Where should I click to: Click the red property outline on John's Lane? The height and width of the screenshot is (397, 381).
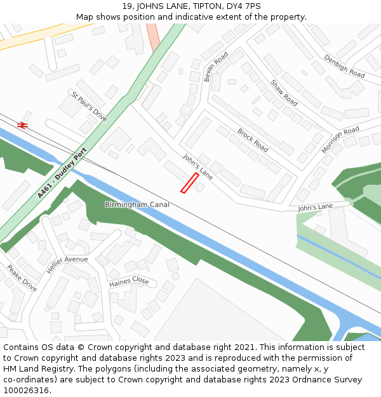point(189,183)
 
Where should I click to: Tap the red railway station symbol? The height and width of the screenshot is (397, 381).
point(23,125)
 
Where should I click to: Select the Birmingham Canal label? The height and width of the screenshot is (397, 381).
point(137,205)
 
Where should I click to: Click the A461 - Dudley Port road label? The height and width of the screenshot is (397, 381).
point(61,173)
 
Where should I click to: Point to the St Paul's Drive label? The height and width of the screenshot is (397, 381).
point(89,107)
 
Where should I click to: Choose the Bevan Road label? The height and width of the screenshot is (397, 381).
point(216,67)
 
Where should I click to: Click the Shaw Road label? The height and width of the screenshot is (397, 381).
point(284,93)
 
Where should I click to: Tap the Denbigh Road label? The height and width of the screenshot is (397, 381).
point(344,66)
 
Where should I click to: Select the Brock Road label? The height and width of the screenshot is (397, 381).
point(253,140)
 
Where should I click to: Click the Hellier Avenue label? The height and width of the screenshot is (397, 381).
point(67,259)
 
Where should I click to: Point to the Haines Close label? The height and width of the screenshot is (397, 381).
point(129,281)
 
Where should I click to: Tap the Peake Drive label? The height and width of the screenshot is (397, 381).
point(22,278)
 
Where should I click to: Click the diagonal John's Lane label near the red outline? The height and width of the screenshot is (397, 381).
point(197,166)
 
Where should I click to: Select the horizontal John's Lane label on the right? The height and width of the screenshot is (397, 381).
point(315,208)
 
